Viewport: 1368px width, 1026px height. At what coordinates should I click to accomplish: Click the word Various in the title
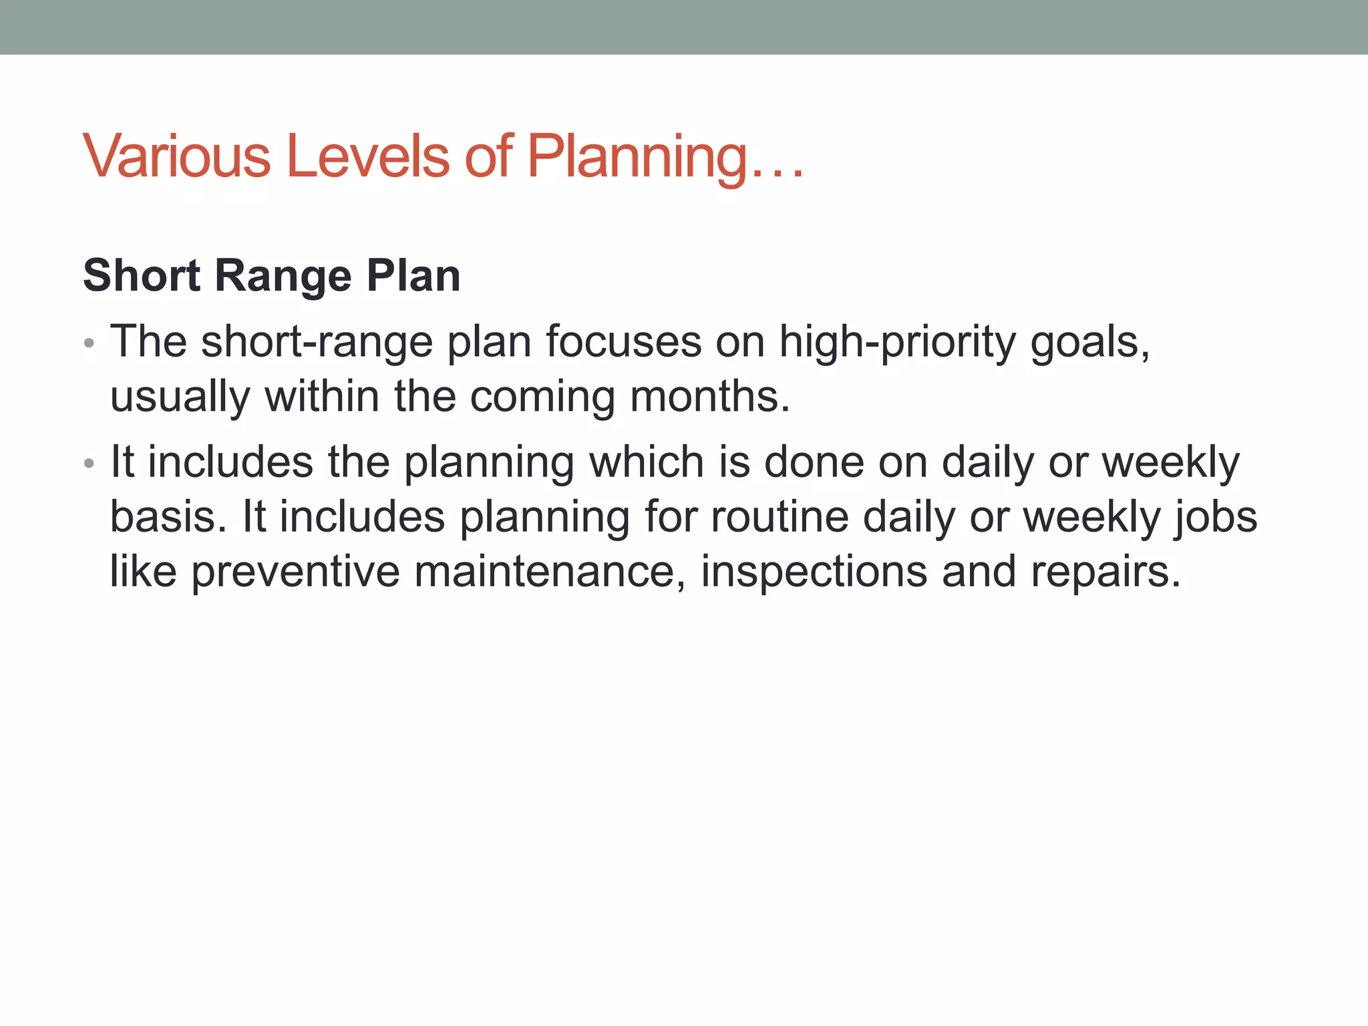[x=177, y=156]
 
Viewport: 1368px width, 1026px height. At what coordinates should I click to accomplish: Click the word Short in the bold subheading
[x=142, y=276]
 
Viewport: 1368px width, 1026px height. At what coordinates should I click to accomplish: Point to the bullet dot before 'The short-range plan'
[x=90, y=345]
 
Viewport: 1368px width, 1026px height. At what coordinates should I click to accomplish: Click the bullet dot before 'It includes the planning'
[x=90, y=464]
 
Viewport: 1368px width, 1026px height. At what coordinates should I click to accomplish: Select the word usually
[x=180, y=397]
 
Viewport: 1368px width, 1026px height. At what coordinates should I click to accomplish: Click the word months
[x=710, y=396]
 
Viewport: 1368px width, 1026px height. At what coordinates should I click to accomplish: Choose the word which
[x=646, y=462]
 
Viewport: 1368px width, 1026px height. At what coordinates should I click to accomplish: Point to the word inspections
[x=814, y=572]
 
